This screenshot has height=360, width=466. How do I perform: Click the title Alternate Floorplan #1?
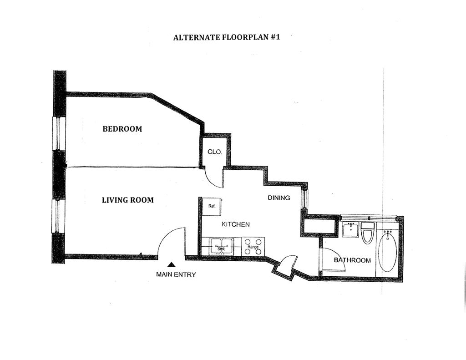[226, 37]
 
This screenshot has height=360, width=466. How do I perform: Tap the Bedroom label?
[122, 129]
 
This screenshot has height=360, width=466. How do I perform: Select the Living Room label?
[127, 200]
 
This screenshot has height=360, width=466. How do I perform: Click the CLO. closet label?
[215, 152]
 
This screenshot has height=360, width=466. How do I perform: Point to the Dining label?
[279, 198]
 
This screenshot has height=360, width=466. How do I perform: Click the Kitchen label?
[235, 224]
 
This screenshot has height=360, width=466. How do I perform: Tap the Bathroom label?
[352, 260]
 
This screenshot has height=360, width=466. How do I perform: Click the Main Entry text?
[176, 274]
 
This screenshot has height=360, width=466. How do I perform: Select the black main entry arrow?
[172, 264]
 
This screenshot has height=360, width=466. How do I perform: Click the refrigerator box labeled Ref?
[211, 206]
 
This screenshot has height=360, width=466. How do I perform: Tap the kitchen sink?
[221, 246]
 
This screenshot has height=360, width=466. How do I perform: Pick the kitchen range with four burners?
[253, 246]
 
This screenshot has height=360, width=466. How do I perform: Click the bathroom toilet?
[367, 233]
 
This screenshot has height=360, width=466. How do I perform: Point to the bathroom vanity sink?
[350, 229]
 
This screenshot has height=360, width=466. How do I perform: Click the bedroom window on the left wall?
[59, 133]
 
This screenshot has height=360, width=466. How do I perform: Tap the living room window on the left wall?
[59, 216]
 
